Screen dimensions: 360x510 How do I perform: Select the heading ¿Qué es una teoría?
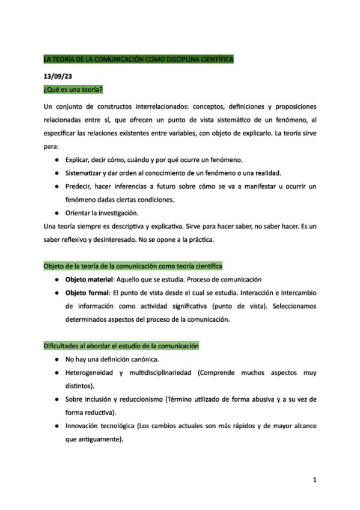(x=73, y=90)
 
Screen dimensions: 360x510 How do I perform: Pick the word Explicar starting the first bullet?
(x=81, y=159)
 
